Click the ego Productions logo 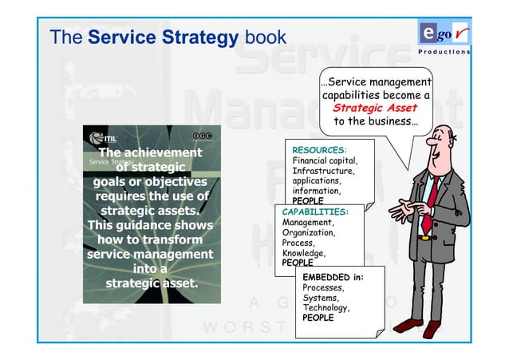444,38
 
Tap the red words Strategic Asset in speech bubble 375,109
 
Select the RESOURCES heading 319,149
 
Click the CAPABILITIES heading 315,212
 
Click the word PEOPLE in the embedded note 318,318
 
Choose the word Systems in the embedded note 321,297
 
